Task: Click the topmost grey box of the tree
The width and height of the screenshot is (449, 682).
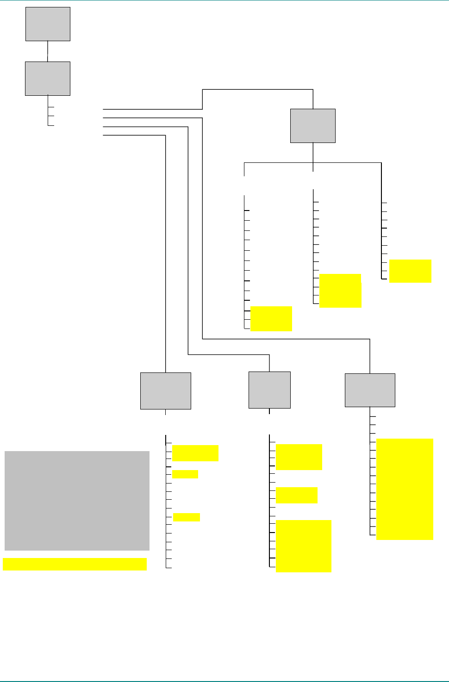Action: [x=48, y=24]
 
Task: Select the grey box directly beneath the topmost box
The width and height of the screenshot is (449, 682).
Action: [x=48, y=79]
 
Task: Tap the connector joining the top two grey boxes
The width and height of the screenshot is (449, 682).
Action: [x=48, y=51]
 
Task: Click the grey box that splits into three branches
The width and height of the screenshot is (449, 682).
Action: [x=313, y=126]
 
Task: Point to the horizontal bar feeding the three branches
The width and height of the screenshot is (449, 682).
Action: [x=278, y=162]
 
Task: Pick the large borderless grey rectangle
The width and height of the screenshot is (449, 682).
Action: [x=77, y=501]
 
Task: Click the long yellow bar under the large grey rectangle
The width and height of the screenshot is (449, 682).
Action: [x=75, y=564]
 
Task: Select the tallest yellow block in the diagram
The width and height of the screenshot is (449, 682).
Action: [x=405, y=489]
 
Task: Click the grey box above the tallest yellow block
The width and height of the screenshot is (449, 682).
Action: [x=370, y=390]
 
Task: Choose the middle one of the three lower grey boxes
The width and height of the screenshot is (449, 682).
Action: [x=269, y=390]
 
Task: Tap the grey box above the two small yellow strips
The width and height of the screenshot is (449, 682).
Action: [x=166, y=391]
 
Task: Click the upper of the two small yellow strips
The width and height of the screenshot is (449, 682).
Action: [x=185, y=474]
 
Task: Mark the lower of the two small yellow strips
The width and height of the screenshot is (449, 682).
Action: [x=186, y=517]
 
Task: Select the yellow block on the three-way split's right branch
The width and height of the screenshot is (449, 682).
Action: [x=410, y=271]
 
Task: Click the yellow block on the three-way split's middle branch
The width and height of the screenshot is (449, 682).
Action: [x=340, y=291]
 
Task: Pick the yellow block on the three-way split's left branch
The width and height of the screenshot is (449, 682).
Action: [x=271, y=318]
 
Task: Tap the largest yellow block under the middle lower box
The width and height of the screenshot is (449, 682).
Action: [x=303, y=546]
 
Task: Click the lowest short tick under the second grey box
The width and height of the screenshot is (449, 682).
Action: [x=51, y=125]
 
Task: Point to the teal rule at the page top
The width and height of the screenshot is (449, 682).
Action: [x=224, y=1]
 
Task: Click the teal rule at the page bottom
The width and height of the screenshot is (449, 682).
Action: [x=224, y=681]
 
